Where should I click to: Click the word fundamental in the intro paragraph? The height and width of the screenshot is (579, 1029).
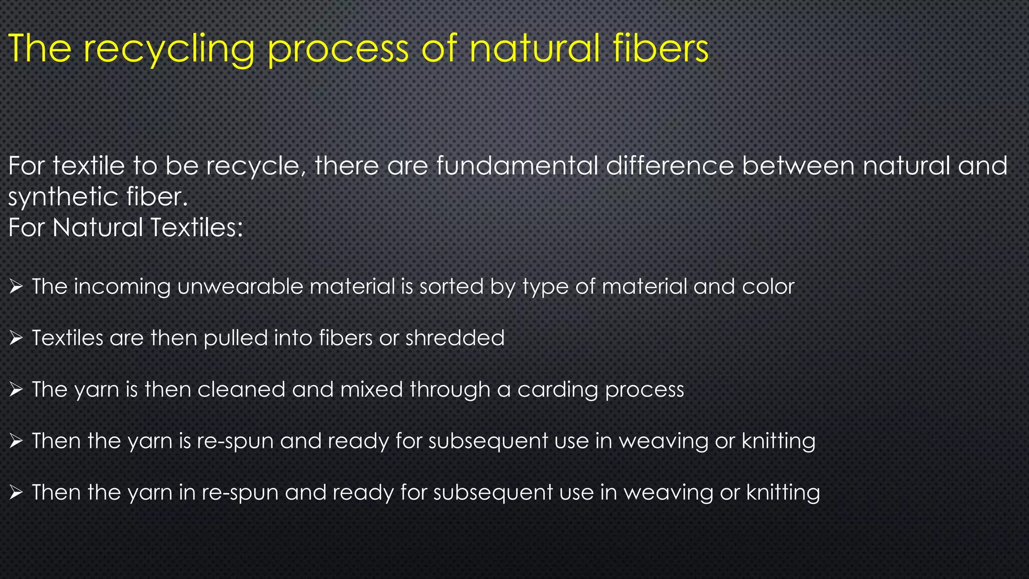click(x=517, y=166)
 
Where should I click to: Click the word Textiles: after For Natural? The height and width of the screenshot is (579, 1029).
click(x=196, y=227)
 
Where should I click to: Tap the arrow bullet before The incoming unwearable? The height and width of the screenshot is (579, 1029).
click(x=16, y=287)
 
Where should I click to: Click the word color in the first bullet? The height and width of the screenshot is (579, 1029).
click(x=769, y=286)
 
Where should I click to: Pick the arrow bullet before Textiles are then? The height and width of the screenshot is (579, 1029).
click(x=16, y=338)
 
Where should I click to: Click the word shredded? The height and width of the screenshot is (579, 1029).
click(x=455, y=338)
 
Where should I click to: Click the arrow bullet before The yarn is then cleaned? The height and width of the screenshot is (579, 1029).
click(x=16, y=390)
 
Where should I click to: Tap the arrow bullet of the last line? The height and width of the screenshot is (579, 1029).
click(x=16, y=493)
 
